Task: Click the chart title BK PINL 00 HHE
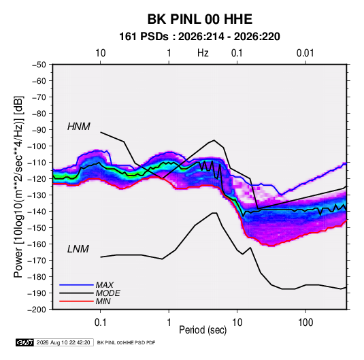click(x=200, y=19)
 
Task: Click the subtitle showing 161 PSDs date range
click(x=199, y=37)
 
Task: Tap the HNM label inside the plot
click(x=79, y=127)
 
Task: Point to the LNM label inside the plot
click(x=78, y=249)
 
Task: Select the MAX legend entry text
click(x=105, y=285)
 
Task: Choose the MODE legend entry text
click(x=108, y=293)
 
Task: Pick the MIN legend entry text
click(x=103, y=301)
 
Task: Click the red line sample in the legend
click(x=76, y=301)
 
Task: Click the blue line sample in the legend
click(x=76, y=284)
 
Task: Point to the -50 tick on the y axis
click(x=39, y=65)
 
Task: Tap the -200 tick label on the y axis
click(x=37, y=310)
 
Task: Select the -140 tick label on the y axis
click(x=37, y=212)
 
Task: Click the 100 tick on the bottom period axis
click(x=305, y=323)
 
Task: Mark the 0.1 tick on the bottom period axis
click(x=100, y=323)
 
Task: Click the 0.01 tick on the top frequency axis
click(x=305, y=53)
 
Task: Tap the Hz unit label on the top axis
click(x=203, y=53)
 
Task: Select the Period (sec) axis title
click(x=203, y=330)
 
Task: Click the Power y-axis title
click(x=18, y=186)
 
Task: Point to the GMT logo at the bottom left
click(x=24, y=342)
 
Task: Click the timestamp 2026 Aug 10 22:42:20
click(x=63, y=342)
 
